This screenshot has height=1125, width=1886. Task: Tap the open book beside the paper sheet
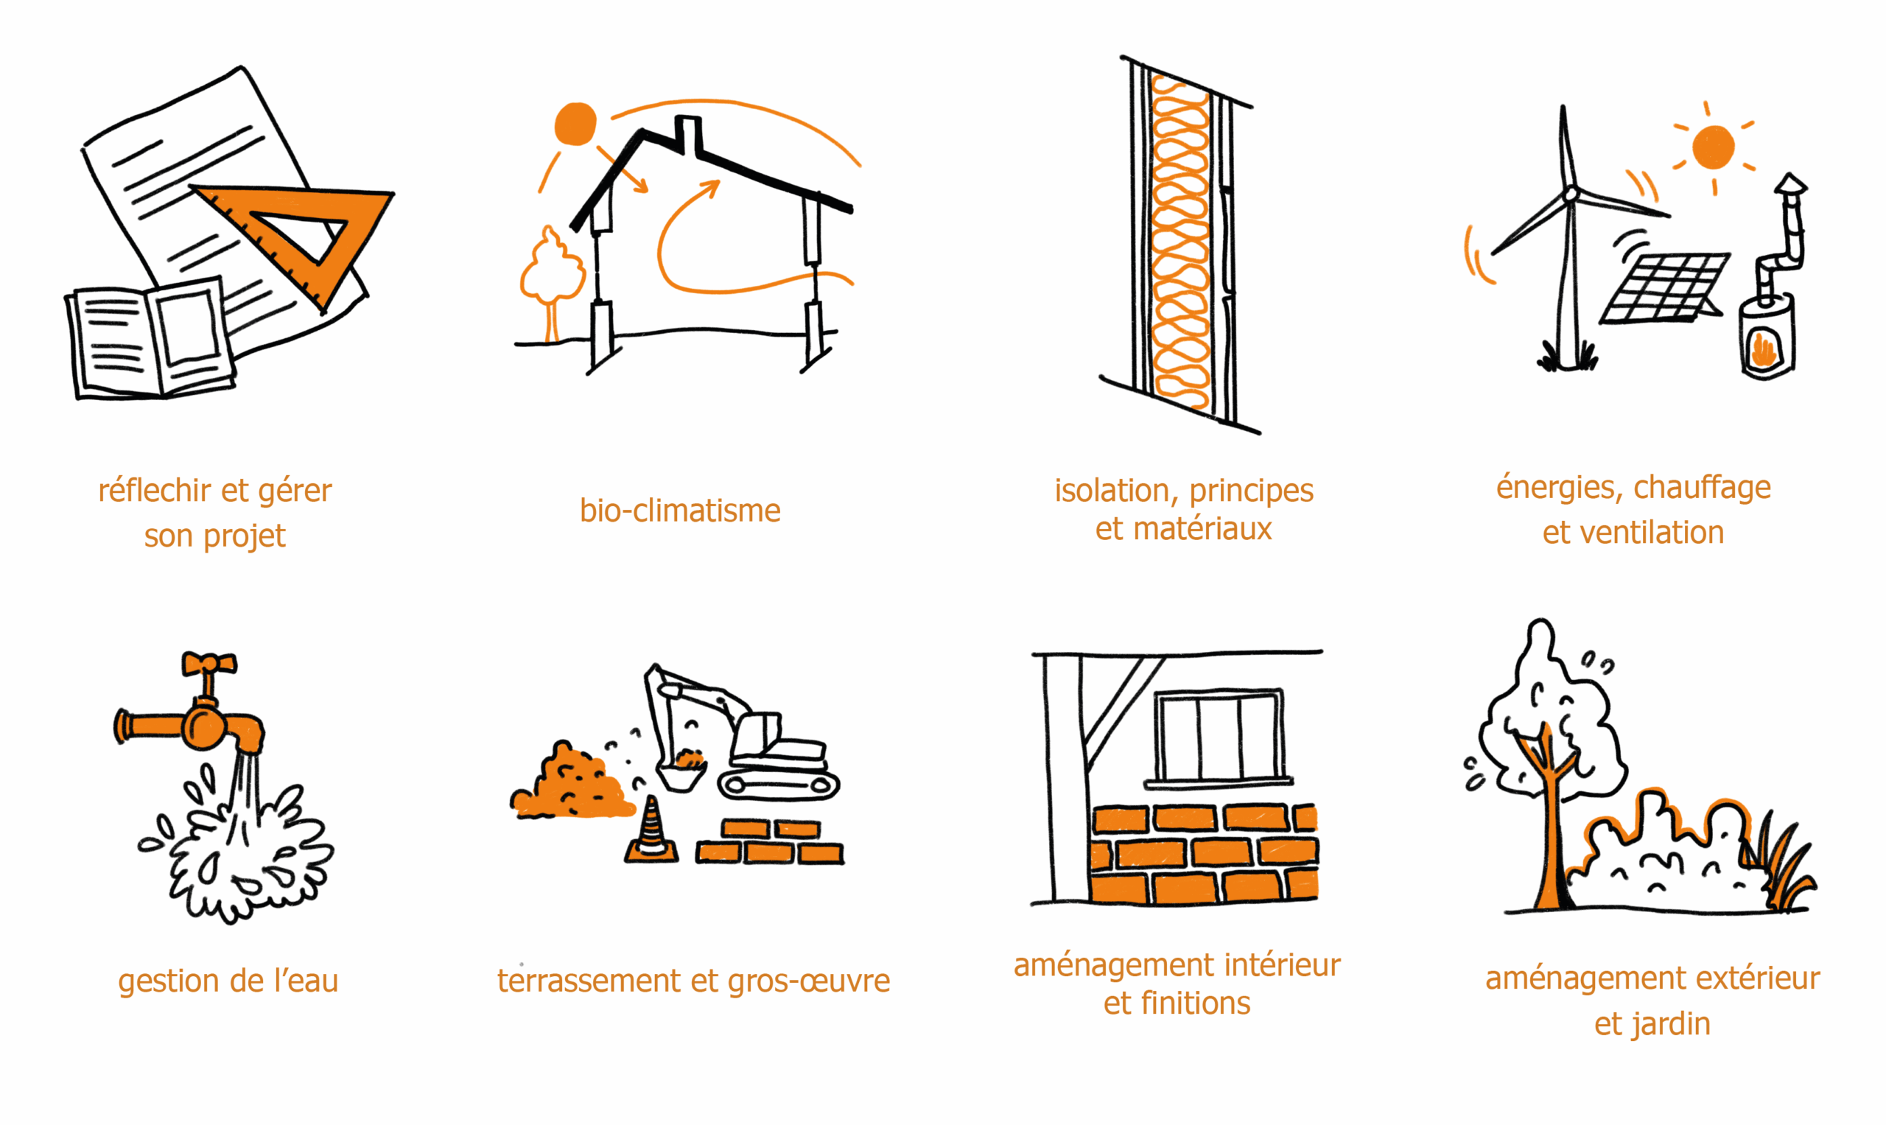(x=150, y=339)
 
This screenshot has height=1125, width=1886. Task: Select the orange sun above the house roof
(x=575, y=124)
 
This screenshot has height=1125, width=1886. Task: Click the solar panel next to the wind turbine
(x=1665, y=288)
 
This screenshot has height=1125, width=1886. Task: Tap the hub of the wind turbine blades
(x=1571, y=194)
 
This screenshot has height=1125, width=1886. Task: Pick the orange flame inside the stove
(x=1763, y=350)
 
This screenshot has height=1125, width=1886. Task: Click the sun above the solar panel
(x=1713, y=147)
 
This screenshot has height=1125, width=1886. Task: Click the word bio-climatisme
(x=680, y=511)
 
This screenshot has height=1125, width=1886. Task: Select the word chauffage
(x=1702, y=488)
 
